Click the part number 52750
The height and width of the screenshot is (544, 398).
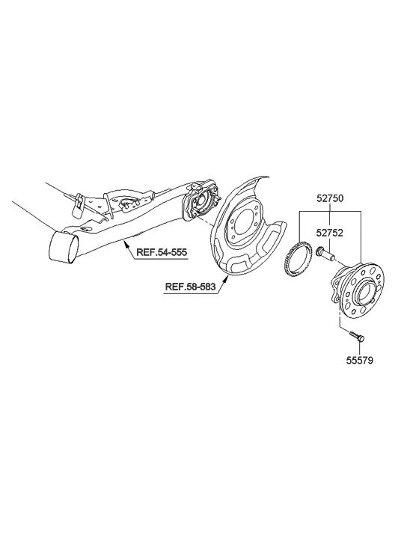click(330, 199)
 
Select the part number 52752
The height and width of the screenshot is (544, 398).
click(330, 233)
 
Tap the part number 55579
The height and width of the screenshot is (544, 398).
click(360, 361)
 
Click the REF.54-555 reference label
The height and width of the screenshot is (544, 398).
click(162, 252)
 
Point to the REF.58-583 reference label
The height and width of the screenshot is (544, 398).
click(190, 287)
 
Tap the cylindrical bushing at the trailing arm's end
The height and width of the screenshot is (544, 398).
click(63, 246)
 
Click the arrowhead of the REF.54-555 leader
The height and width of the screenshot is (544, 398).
click(126, 241)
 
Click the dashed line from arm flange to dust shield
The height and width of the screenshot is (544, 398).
click(203, 222)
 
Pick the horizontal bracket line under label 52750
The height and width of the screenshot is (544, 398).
click(330, 210)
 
